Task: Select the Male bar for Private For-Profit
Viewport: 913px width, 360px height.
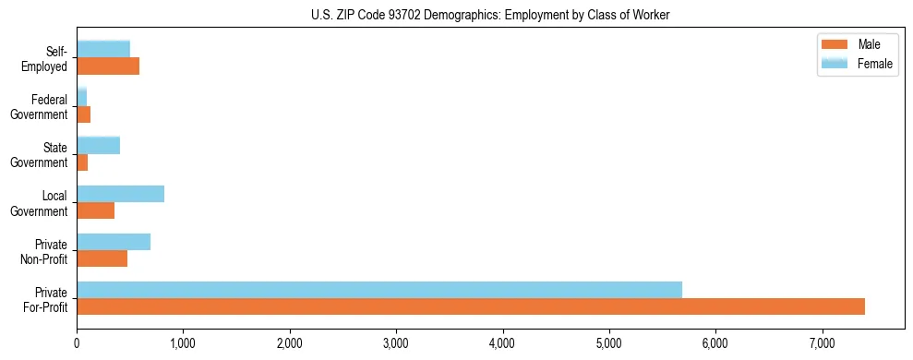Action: coord(471,306)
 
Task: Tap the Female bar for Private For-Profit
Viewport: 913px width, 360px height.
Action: coord(379,290)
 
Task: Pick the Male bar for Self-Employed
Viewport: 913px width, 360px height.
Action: coord(108,66)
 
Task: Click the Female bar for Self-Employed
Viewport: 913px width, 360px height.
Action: coord(103,49)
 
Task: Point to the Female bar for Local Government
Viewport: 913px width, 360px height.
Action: coord(121,194)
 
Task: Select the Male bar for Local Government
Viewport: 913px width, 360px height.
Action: coord(96,210)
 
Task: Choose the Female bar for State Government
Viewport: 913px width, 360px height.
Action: coord(99,145)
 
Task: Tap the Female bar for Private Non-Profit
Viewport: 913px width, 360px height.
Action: coord(114,242)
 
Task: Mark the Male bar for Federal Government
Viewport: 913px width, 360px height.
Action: coord(84,114)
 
